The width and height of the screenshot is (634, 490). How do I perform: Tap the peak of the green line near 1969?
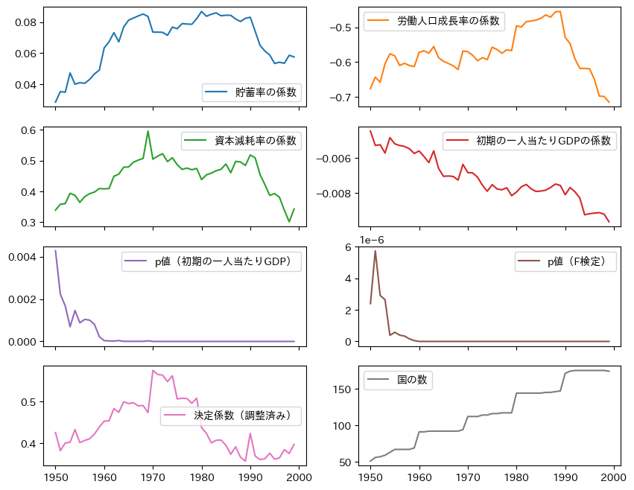coord(148,131)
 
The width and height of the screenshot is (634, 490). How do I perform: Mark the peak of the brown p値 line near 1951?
coord(375,251)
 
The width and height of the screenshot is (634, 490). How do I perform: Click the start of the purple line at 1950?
coord(56,251)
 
